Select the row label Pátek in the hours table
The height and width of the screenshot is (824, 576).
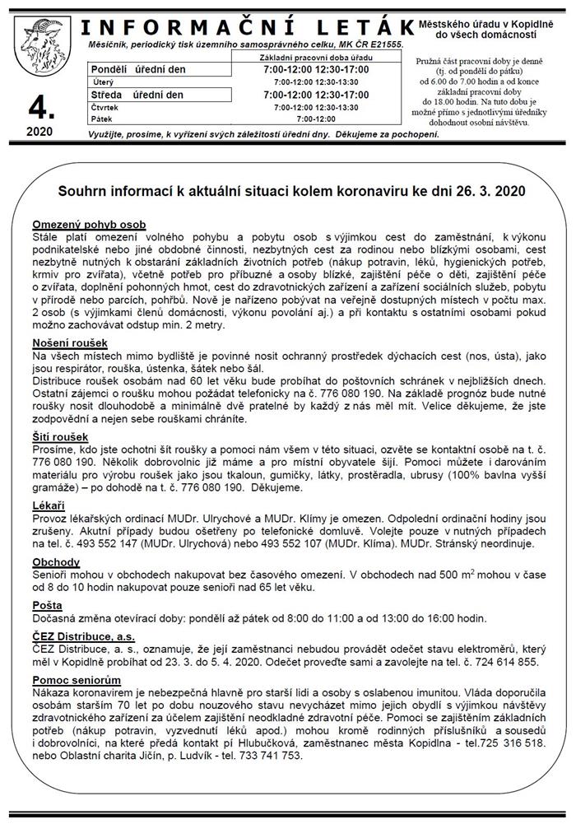(x=102, y=119)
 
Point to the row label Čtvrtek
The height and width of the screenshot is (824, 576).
(x=106, y=107)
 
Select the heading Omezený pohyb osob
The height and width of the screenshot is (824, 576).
(x=89, y=225)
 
